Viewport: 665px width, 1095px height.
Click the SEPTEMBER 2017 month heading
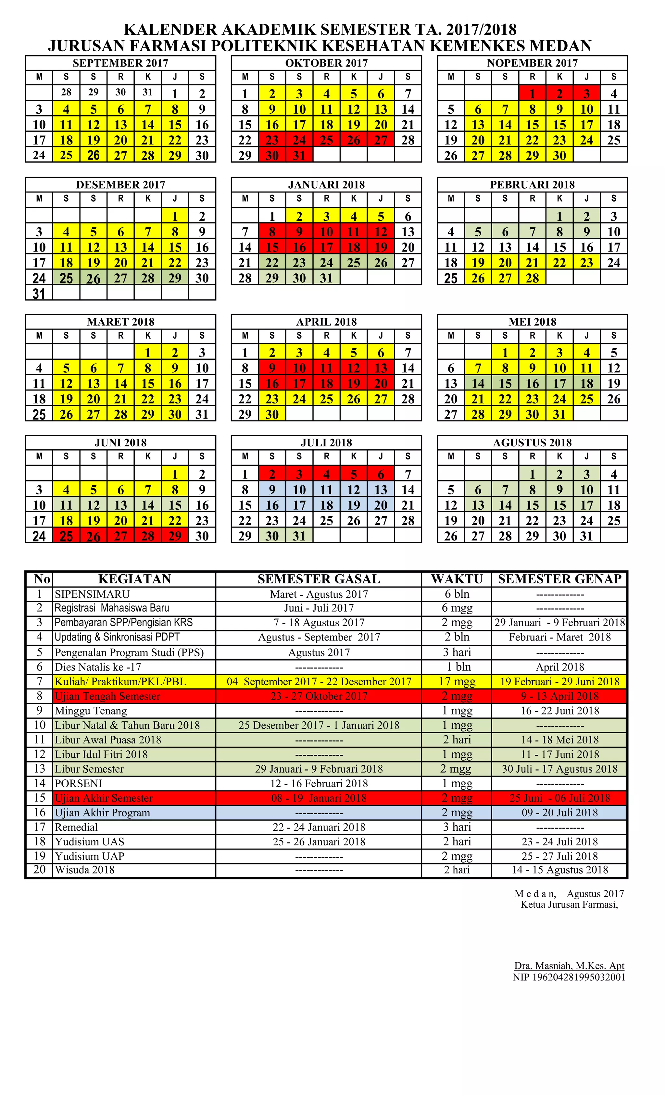pyautogui.click(x=120, y=63)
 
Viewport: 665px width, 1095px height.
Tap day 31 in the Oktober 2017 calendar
pyautogui.click(x=299, y=156)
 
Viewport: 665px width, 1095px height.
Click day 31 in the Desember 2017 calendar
pyautogui.click(x=39, y=293)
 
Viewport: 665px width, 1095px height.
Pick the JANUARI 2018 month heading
pyautogui.click(x=326, y=185)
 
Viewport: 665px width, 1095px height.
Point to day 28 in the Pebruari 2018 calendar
pyautogui.click(x=532, y=278)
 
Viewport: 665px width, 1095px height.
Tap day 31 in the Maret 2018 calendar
pyautogui.click(x=202, y=414)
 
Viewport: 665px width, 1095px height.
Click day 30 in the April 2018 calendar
pyautogui.click(x=272, y=414)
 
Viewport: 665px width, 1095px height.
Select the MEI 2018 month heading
pyautogui.click(x=532, y=322)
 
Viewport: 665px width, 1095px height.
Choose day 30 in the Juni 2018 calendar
pyautogui.click(x=202, y=536)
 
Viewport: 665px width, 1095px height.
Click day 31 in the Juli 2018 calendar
pyautogui.click(x=299, y=536)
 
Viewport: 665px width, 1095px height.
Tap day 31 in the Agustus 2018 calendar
pyautogui.click(x=586, y=536)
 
